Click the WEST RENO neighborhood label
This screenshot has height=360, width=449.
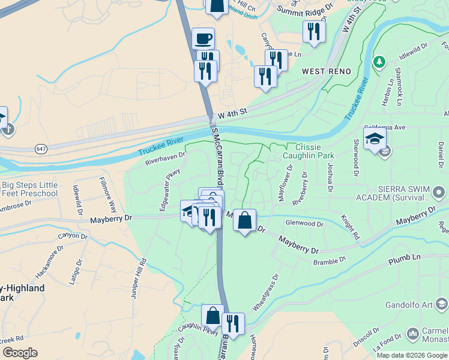coord(326,71)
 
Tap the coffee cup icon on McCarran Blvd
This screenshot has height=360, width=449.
coord(203,39)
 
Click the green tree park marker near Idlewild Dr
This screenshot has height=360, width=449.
coord(379,61)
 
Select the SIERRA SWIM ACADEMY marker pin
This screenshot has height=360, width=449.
coord(439,193)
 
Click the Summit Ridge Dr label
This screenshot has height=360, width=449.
coord(304,8)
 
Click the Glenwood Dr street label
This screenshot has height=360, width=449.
coord(304,223)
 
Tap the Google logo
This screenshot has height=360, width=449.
coord(20,353)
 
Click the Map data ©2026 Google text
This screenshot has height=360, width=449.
coord(411,355)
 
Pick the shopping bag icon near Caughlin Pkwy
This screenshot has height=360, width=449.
coord(212,316)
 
